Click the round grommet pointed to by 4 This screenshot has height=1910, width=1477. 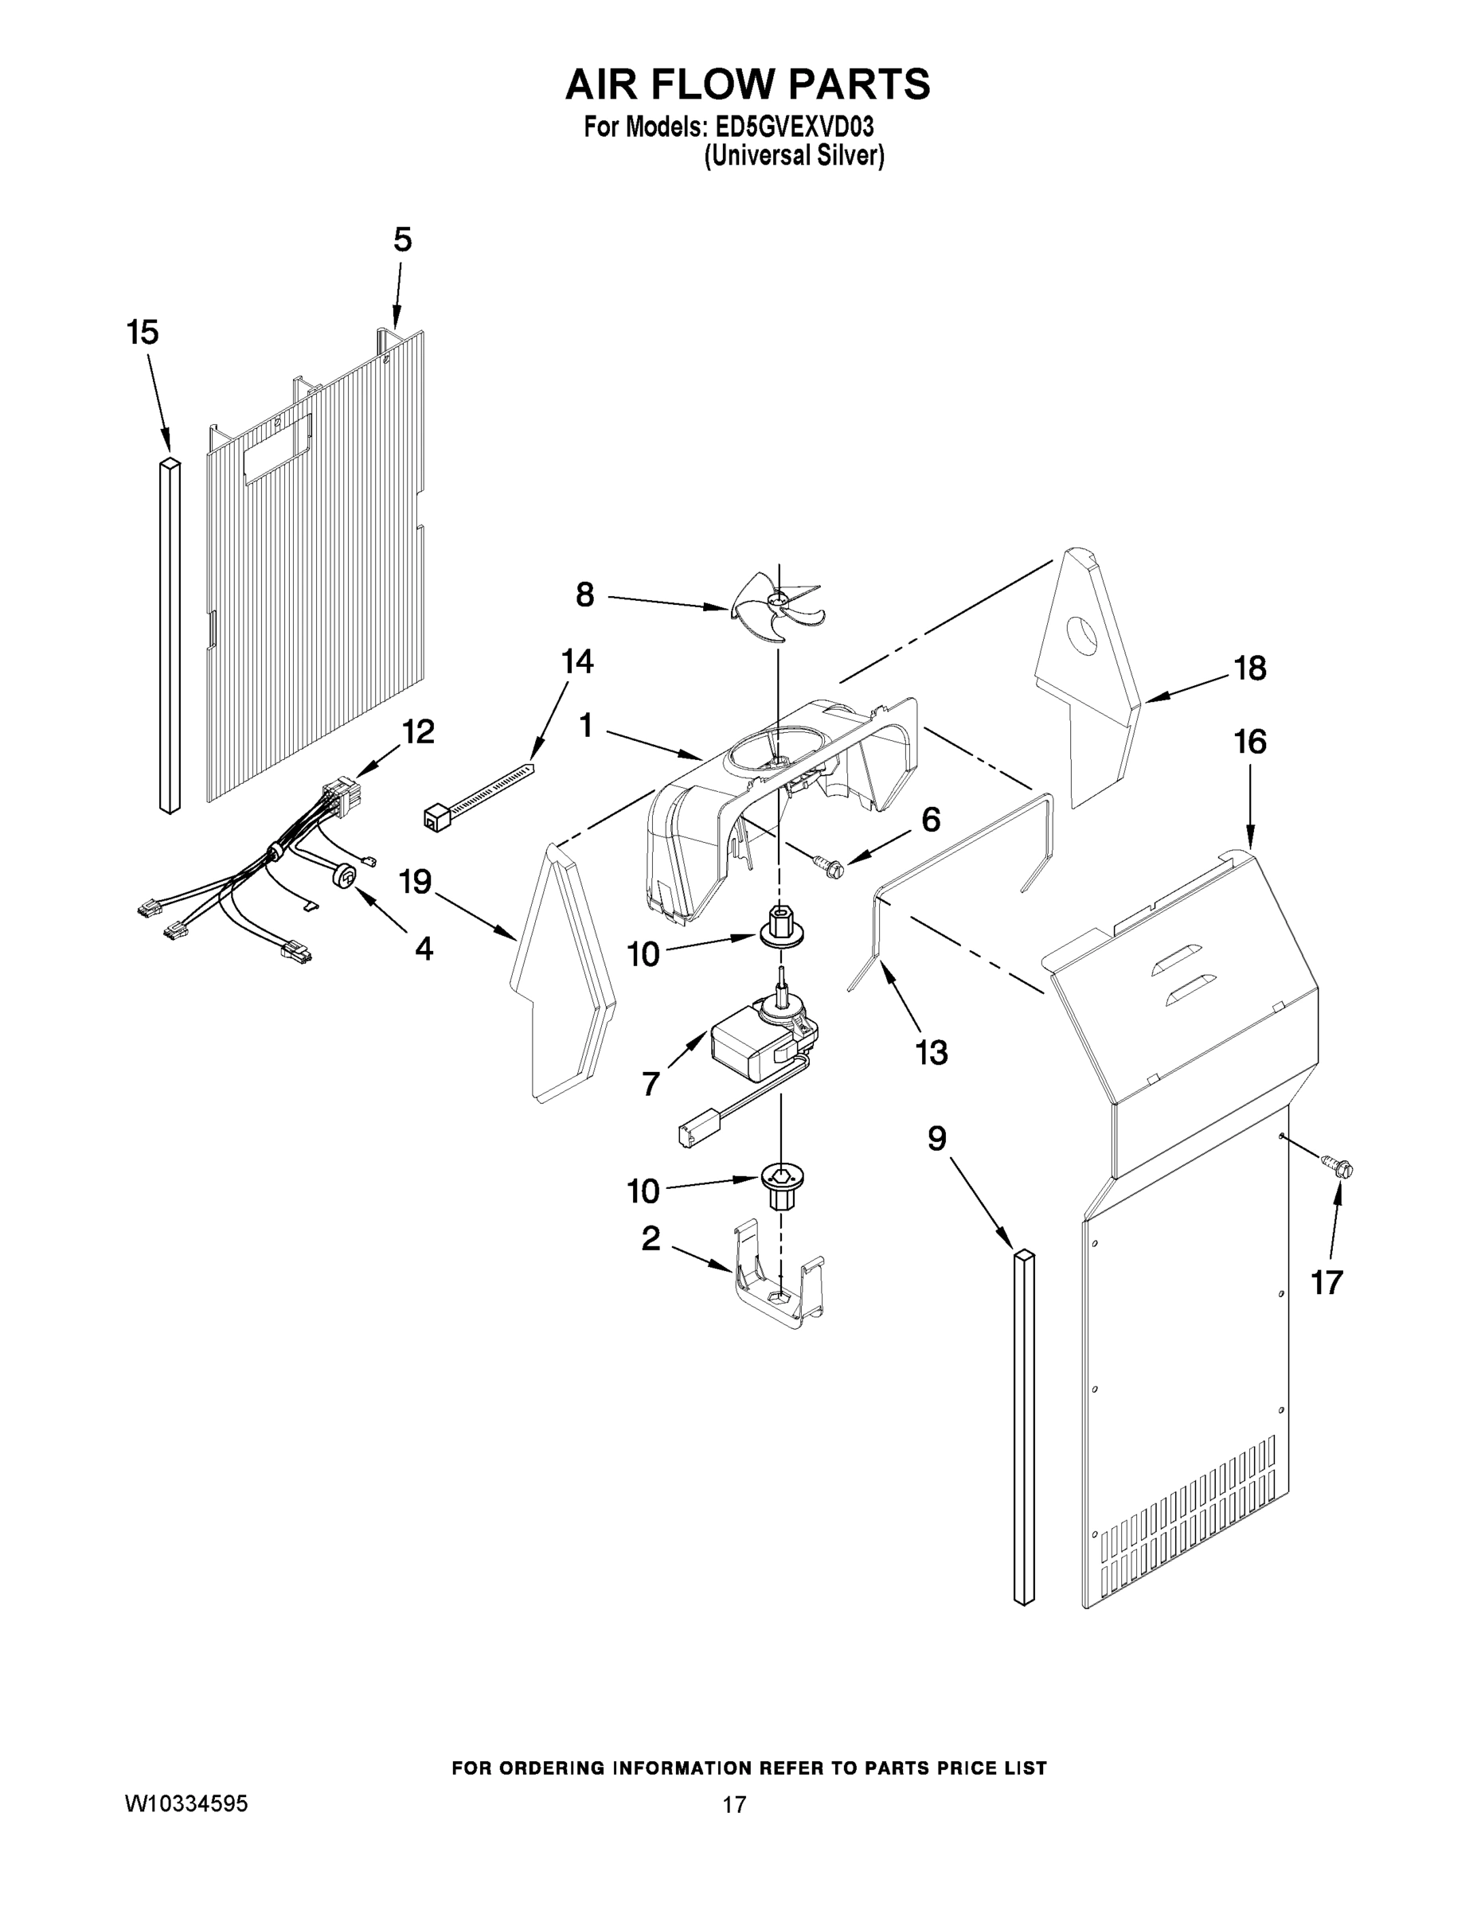346,875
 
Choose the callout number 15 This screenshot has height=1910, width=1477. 143,333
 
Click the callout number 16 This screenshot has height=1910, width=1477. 1249,742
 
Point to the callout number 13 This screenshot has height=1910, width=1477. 932,1053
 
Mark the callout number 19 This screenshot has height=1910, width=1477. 416,882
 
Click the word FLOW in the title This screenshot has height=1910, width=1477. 743,85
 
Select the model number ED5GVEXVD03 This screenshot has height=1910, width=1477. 795,127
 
